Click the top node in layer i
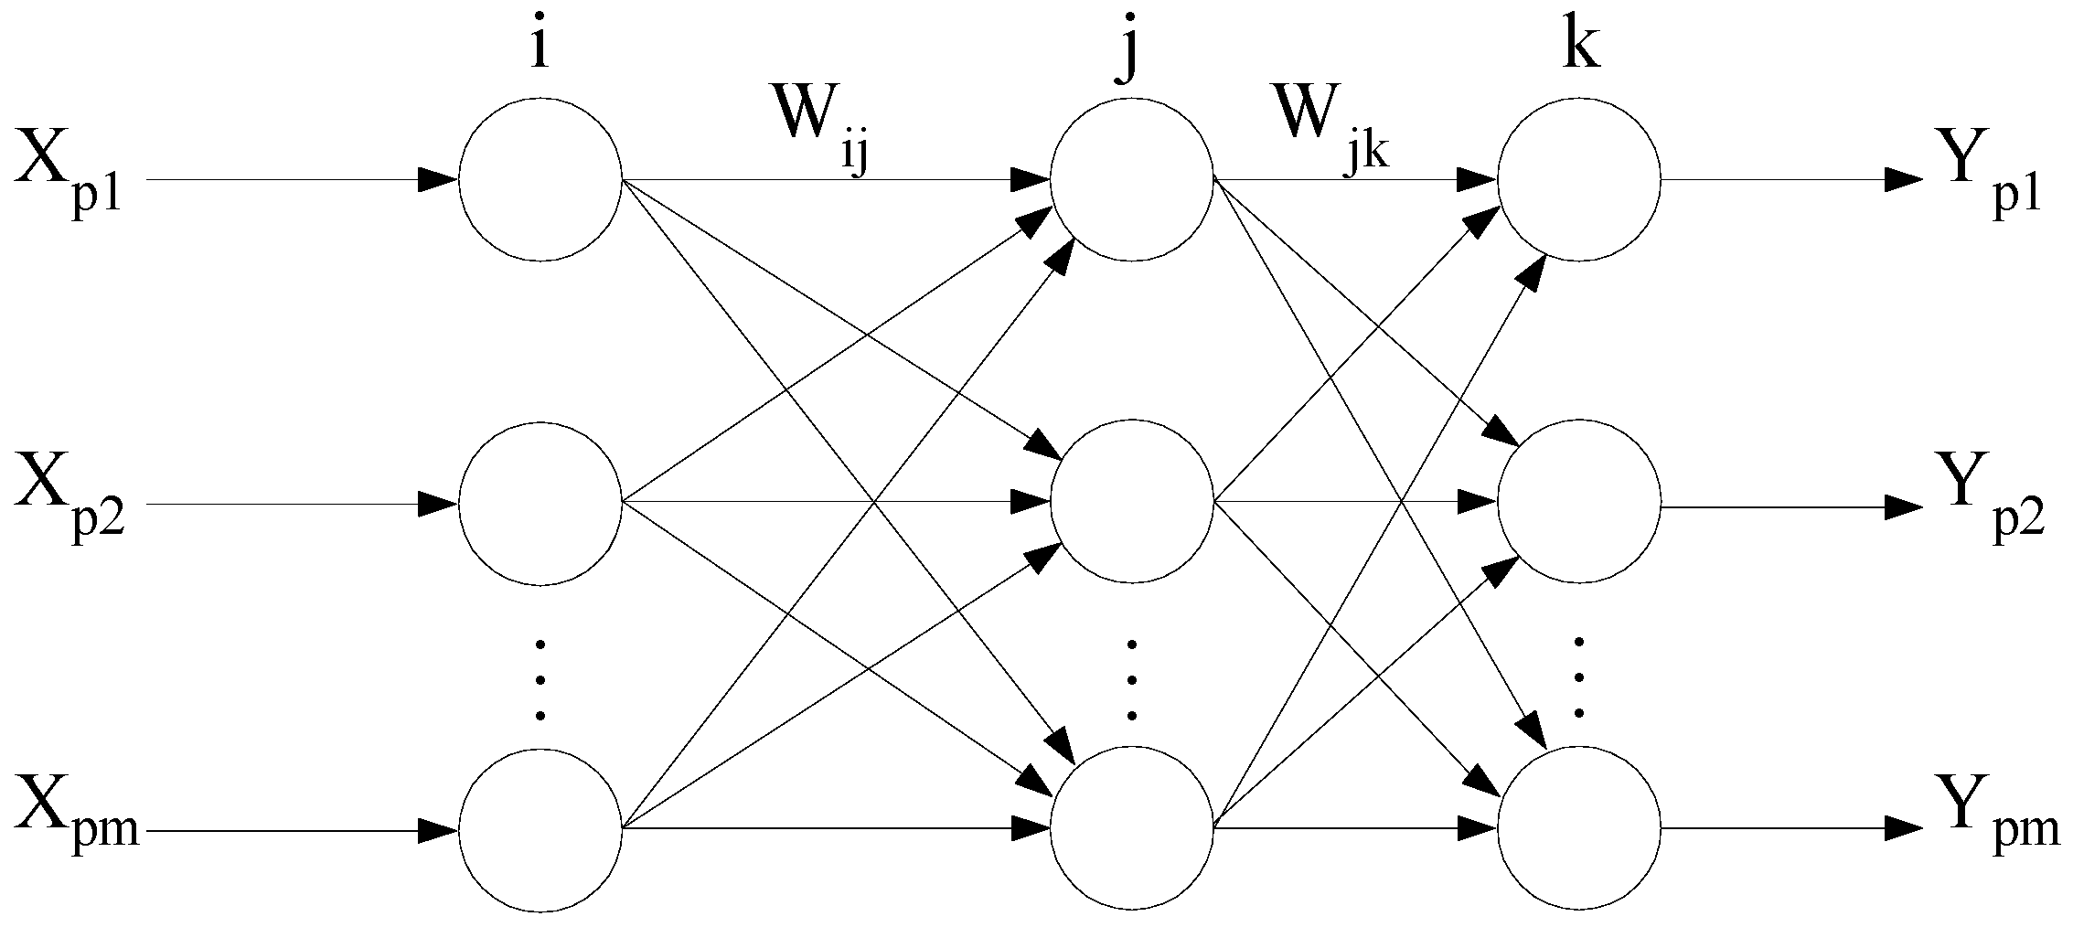click(x=540, y=180)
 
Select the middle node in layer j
click(x=1132, y=502)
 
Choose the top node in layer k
click(x=1579, y=180)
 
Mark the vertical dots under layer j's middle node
click(x=1132, y=681)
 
